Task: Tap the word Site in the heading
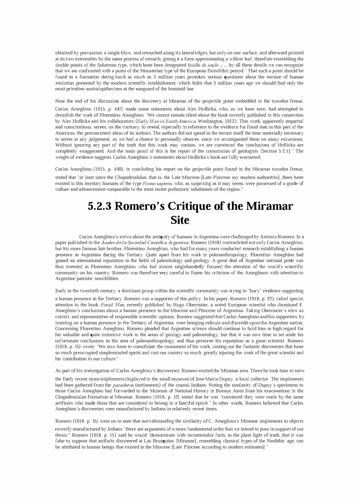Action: tap(180, 220)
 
